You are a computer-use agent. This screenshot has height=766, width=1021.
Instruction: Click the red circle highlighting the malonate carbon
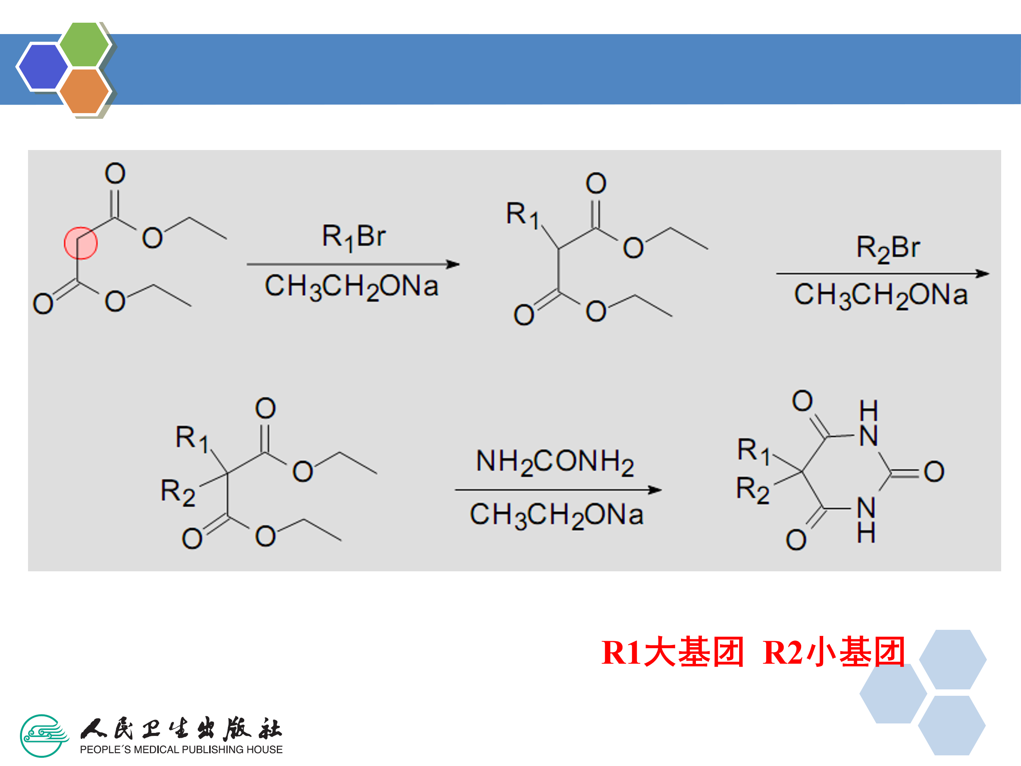pyautogui.click(x=80, y=243)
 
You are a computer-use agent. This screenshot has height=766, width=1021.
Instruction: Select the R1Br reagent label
pyautogui.click(x=353, y=237)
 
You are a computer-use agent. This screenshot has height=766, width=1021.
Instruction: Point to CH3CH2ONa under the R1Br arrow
pyautogui.click(x=351, y=286)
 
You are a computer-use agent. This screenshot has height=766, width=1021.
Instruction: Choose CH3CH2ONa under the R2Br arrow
pyautogui.click(x=880, y=295)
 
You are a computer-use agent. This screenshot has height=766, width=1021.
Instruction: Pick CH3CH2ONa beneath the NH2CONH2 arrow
pyautogui.click(x=556, y=515)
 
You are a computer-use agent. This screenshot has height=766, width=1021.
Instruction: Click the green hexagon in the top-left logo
pyautogui.click(x=84, y=44)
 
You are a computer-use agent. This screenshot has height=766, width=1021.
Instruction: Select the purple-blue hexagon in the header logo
pyautogui.click(x=43, y=66)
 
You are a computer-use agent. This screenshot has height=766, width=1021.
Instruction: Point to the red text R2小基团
pyautogui.click(x=833, y=652)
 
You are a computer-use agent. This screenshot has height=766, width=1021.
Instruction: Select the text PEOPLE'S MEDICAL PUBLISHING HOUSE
pyautogui.click(x=181, y=749)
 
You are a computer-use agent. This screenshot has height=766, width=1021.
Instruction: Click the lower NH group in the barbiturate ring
pyautogui.click(x=866, y=520)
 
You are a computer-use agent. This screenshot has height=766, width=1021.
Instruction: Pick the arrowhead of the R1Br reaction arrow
pyautogui.click(x=453, y=264)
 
